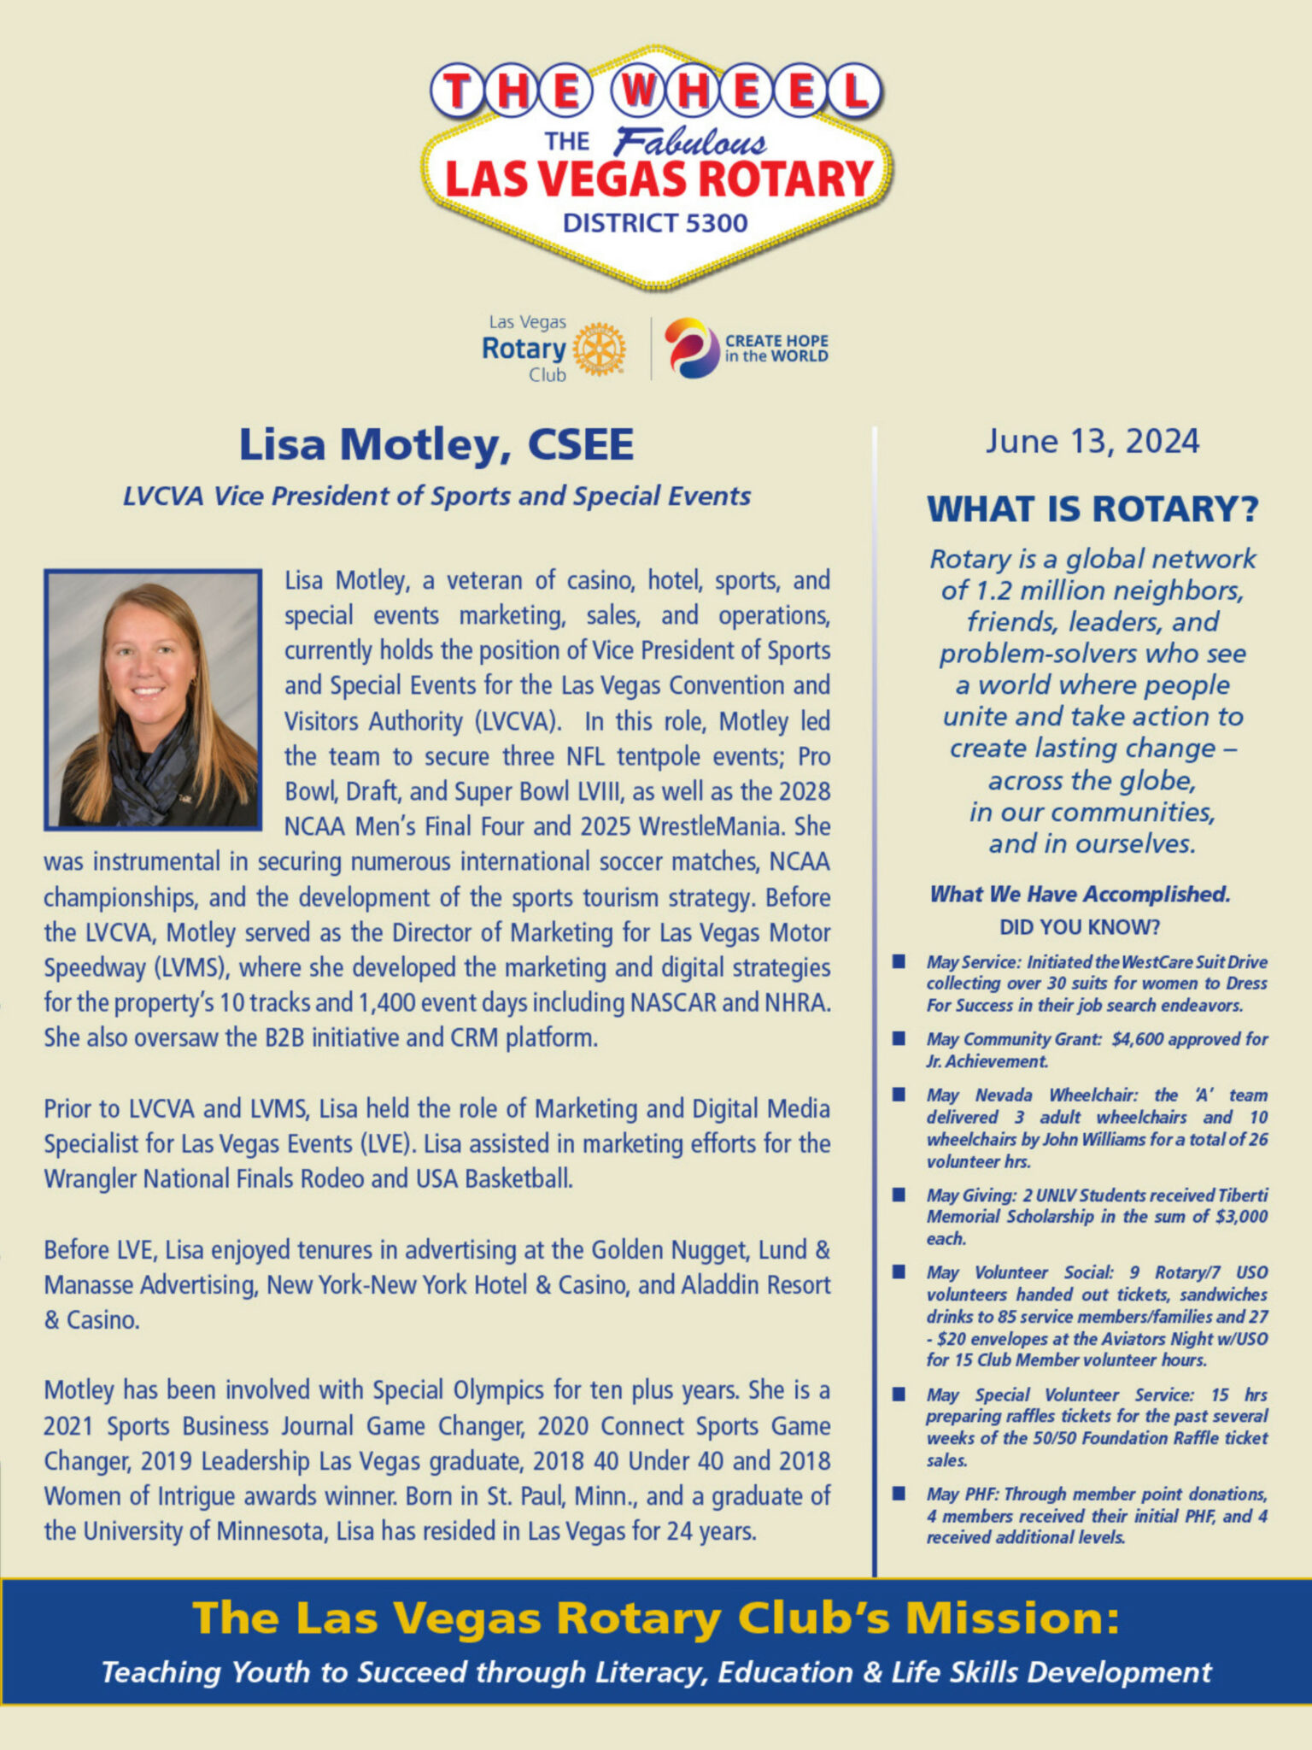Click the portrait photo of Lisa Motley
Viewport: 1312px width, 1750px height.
pyautogui.click(x=153, y=699)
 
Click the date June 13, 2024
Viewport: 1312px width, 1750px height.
pyautogui.click(x=1092, y=442)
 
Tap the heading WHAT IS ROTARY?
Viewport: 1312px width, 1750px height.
pyautogui.click(x=1092, y=509)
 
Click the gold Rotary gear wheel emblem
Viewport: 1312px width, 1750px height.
pyautogui.click(x=599, y=349)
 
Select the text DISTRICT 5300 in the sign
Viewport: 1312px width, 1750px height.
pyautogui.click(x=655, y=223)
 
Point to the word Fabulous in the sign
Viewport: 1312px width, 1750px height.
pyautogui.click(x=690, y=141)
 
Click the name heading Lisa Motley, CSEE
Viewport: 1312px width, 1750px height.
pyautogui.click(x=436, y=445)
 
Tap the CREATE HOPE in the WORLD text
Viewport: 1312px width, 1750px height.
pyautogui.click(x=776, y=349)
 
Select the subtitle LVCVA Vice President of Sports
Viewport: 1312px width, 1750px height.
pyautogui.click(x=436, y=496)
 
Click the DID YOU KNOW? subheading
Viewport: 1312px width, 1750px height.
pyautogui.click(x=1080, y=927)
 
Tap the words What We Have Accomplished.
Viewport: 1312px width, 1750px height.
pyautogui.click(x=1080, y=895)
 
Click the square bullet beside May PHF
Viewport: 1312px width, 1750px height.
pyautogui.click(x=899, y=1494)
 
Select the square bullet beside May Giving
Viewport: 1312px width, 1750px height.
pyautogui.click(x=899, y=1195)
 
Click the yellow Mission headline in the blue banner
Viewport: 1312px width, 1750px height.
pyautogui.click(x=655, y=1618)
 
